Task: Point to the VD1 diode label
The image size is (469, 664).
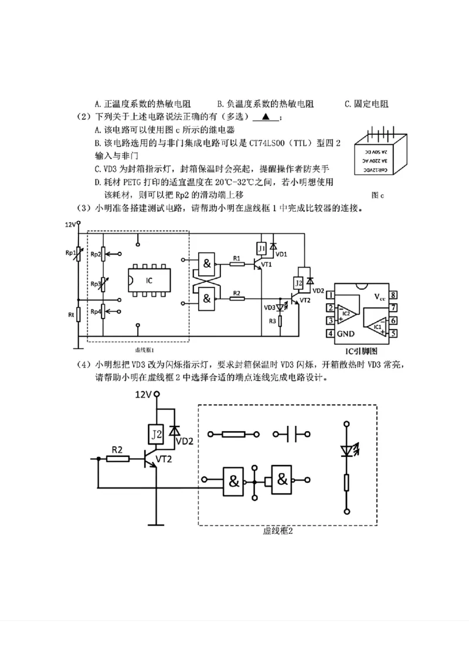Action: tap(282, 254)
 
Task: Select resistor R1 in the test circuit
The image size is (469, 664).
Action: tap(236, 264)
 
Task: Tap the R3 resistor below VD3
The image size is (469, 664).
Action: tap(281, 320)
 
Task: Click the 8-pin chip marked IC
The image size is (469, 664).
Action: tap(149, 281)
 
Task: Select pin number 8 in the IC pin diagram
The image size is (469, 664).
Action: tap(395, 295)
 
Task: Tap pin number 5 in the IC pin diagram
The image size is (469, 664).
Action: tap(395, 333)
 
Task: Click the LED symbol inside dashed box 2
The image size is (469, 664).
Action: tap(346, 450)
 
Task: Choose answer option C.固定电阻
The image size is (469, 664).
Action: tap(367, 104)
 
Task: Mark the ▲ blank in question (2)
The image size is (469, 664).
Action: tap(266, 117)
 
